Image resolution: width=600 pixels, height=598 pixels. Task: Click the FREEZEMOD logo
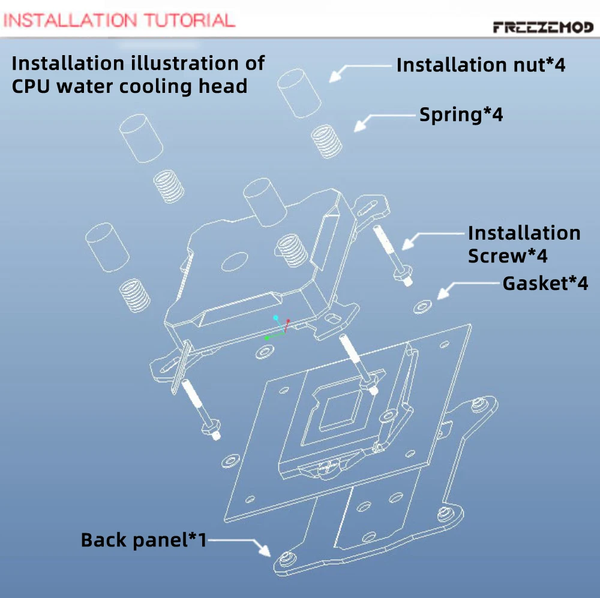(544, 27)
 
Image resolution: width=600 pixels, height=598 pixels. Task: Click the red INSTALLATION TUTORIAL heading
(119, 20)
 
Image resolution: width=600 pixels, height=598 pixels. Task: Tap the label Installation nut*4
(481, 65)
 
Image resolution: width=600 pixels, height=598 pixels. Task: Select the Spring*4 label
(461, 114)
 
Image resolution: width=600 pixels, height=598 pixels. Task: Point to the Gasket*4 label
(545, 283)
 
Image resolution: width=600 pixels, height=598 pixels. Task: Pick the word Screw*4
(508, 256)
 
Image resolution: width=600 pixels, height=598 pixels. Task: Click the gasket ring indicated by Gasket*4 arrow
(422, 306)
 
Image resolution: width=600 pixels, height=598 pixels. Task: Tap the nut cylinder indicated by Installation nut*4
(299, 93)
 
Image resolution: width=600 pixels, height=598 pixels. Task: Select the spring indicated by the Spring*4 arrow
(326, 141)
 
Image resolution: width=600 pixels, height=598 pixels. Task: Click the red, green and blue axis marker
(277, 328)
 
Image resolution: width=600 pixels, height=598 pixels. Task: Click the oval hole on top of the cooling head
(235, 261)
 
